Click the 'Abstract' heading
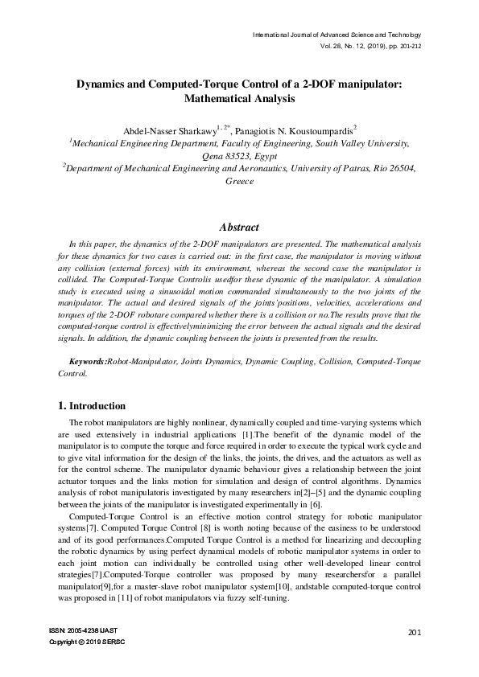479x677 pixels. pyautogui.click(x=239, y=228)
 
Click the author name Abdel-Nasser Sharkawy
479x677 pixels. pyautogui.click(x=162, y=130)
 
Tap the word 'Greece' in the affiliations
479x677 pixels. pyautogui.click(x=239, y=182)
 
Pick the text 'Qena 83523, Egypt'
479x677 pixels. pyautogui.click(x=239, y=156)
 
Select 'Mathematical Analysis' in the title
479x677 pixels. pyautogui.click(x=239, y=100)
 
